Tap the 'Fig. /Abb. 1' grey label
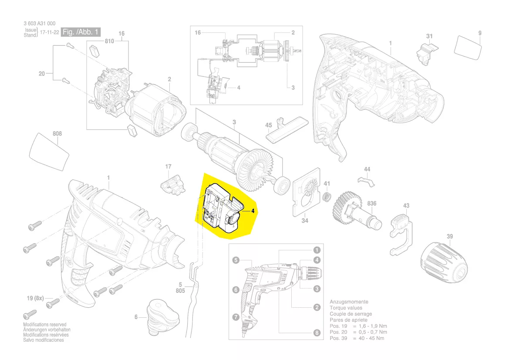81,32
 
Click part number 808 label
57,133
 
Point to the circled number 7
236,317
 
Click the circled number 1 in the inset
317,250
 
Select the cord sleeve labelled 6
161,317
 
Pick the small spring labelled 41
327,197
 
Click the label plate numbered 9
467,48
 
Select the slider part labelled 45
287,129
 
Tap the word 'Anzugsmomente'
349,302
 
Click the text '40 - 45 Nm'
371,338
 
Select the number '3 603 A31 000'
40,24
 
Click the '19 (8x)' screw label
35,298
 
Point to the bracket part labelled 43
401,234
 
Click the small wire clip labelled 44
366,182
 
